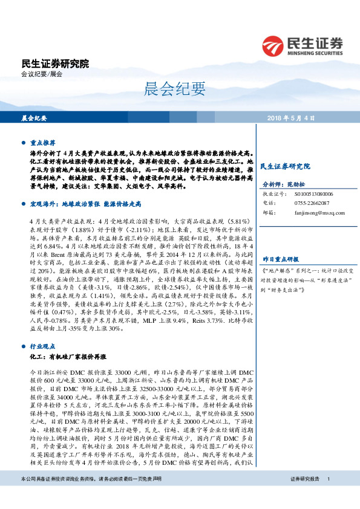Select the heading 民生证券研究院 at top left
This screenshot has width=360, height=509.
click(x=54, y=63)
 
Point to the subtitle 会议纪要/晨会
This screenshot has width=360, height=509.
click(x=42, y=74)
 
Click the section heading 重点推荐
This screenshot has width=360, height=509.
click(x=43, y=143)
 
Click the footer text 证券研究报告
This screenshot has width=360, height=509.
click(x=304, y=496)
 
